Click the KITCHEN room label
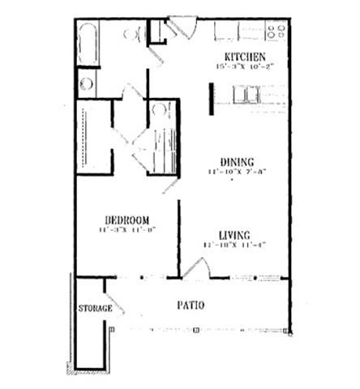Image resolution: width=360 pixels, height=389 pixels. (244, 57)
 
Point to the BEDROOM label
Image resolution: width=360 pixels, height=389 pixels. (126, 220)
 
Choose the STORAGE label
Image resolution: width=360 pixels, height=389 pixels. (95, 309)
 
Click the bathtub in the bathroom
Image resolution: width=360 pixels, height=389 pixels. (88, 45)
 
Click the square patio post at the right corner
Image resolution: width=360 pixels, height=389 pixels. (289, 330)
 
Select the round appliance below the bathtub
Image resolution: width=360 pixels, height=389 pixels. (87, 83)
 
